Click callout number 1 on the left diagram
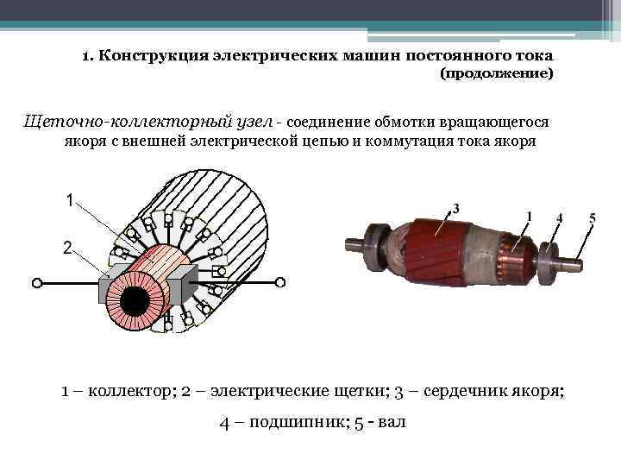(x=69, y=201)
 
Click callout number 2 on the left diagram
(x=67, y=248)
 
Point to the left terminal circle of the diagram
(x=36, y=281)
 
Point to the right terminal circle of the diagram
(x=280, y=281)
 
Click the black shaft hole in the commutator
(x=135, y=302)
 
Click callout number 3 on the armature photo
(x=455, y=208)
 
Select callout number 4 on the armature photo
(x=559, y=218)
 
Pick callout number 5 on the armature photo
(x=592, y=217)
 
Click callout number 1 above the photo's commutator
(x=528, y=214)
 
